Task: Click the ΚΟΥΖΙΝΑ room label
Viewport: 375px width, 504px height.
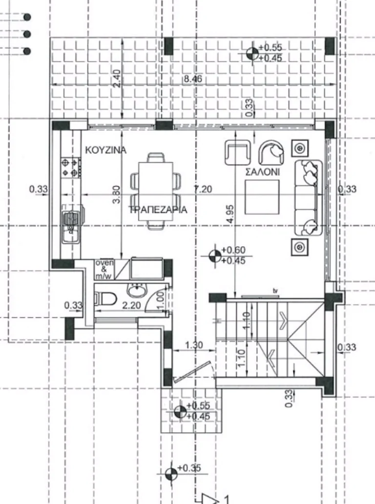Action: [106, 150]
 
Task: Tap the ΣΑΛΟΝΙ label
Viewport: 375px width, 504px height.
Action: [263, 172]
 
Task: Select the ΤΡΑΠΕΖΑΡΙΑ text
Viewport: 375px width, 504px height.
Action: [158, 210]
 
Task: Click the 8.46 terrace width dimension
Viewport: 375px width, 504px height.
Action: [193, 79]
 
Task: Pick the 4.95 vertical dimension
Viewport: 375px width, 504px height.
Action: [230, 214]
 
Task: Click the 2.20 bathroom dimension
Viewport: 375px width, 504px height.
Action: [132, 305]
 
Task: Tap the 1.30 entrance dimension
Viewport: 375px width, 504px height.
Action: [194, 345]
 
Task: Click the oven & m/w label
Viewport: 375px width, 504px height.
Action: [104, 270]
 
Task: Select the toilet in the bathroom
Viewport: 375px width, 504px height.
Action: [106, 298]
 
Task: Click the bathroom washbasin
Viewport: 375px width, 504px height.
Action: [137, 290]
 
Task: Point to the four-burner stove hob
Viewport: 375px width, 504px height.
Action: [70, 168]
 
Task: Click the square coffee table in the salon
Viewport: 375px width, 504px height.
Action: [262, 197]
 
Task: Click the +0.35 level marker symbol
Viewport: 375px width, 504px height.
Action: [171, 473]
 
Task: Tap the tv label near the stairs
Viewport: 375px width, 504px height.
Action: [275, 291]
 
